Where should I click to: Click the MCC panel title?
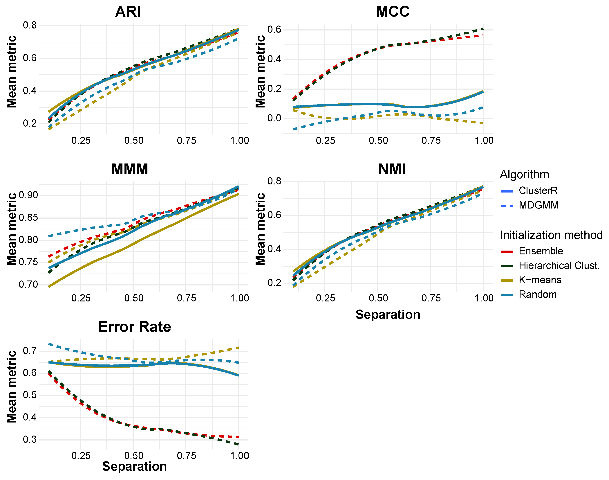pyautogui.click(x=393, y=12)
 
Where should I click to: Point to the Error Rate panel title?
pyautogui.click(x=135, y=327)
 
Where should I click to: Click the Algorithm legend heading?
pyautogui.click(x=524, y=175)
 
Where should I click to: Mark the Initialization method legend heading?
pyautogui.click(x=551, y=235)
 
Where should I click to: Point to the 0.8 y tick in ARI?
pyautogui.click(x=30, y=25)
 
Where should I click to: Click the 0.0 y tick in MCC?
pyautogui.click(x=274, y=118)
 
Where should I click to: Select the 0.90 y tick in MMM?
pyautogui.click(x=28, y=195)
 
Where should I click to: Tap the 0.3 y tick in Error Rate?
pyautogui.click(x=30, y=439)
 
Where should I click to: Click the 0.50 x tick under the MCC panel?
pyautogui.click(x=378, y=141)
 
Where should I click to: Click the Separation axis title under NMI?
pyautogui.click(x=388, y=314)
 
